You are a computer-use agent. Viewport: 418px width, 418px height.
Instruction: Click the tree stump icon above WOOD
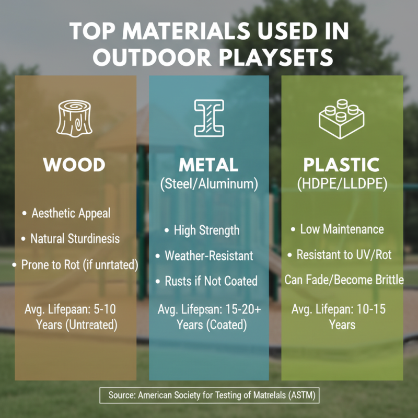coord(74,118)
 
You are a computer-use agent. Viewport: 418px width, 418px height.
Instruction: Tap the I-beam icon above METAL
coord(208,118)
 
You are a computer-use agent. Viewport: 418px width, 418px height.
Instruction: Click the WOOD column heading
coord(74,165)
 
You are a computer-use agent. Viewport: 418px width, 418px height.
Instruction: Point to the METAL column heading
coord(208,165)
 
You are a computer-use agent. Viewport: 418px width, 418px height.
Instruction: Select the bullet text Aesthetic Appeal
coord(71,214)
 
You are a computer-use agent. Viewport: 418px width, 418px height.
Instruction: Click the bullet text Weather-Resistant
coord(208,256)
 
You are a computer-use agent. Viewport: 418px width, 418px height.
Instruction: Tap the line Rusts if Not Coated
coord(211,281)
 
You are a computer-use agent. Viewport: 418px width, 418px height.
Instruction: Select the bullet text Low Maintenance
coord(342,229)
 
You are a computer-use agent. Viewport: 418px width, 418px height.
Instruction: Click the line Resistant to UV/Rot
coord(344,255)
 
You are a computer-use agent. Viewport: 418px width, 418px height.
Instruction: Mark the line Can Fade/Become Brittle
coord(344,280)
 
